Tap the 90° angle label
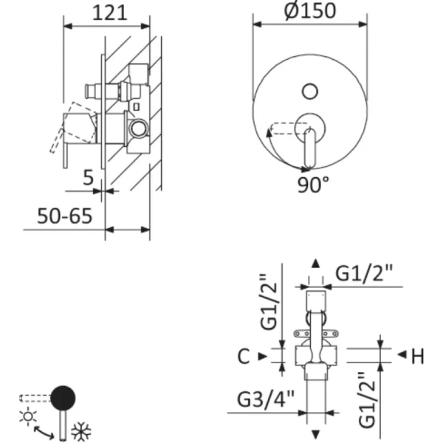(x=314, y=184)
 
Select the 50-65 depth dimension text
(x=66, y=216)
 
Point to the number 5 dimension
(x=88, y=177)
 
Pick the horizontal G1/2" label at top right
(x=365, y=272)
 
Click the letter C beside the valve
(x=244, y=357)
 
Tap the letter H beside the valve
(x=417, y=357)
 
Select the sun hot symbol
(x=29, y=416)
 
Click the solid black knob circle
(x=64, y=398)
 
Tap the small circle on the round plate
(x=311, y=92)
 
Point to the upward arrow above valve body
(x=315, y=264)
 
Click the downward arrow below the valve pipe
(x=315, y=434)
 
